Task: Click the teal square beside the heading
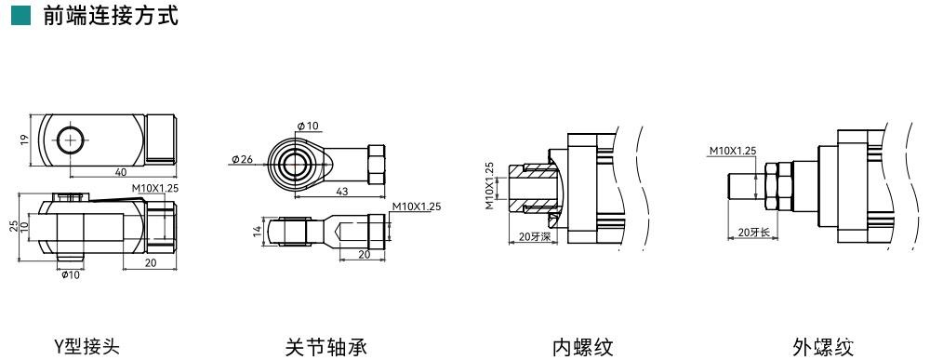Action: [20, 16]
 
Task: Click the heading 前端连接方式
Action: [111, 16]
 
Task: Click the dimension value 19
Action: [24, 140]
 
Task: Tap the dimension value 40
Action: [120, 171]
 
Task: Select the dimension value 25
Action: [14, 226]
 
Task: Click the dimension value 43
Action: [340, 192]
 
